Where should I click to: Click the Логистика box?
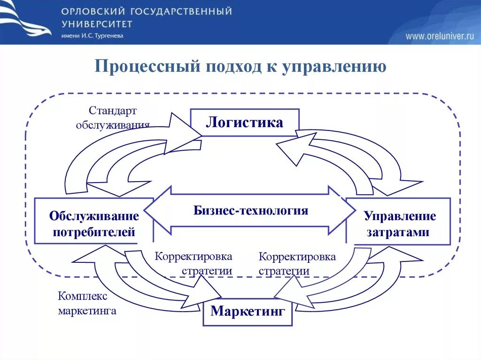(244, 123)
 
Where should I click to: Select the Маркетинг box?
(248, 311)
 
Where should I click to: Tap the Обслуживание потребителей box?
(94, 224)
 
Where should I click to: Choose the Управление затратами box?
(399, 224)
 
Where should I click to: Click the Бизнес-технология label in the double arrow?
(250, 210)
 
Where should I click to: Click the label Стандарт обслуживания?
(113, 117)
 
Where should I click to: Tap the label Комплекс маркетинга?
(86, 303)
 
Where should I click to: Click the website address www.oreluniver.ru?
(440, 36)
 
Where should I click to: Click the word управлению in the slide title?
(334, 67)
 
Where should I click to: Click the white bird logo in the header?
(26, 21)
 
